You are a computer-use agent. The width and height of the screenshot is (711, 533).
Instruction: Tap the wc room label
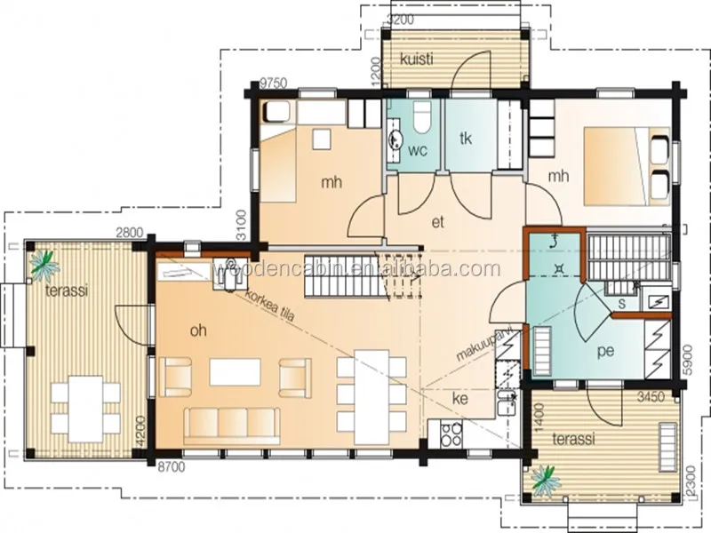(417, 150)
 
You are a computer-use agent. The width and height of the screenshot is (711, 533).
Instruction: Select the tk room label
(465, 138)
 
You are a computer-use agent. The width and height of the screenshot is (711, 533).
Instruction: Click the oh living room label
(198, 330)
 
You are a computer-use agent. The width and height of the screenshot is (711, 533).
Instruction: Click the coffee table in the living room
(235, 371)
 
